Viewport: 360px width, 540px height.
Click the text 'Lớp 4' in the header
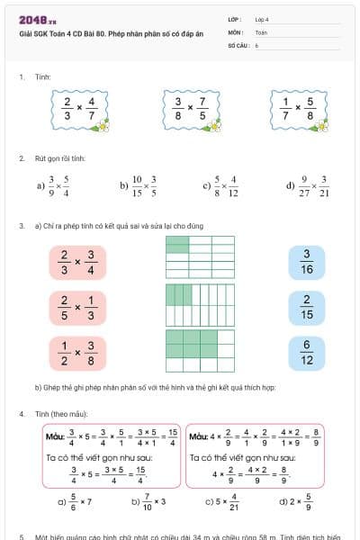262,18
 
